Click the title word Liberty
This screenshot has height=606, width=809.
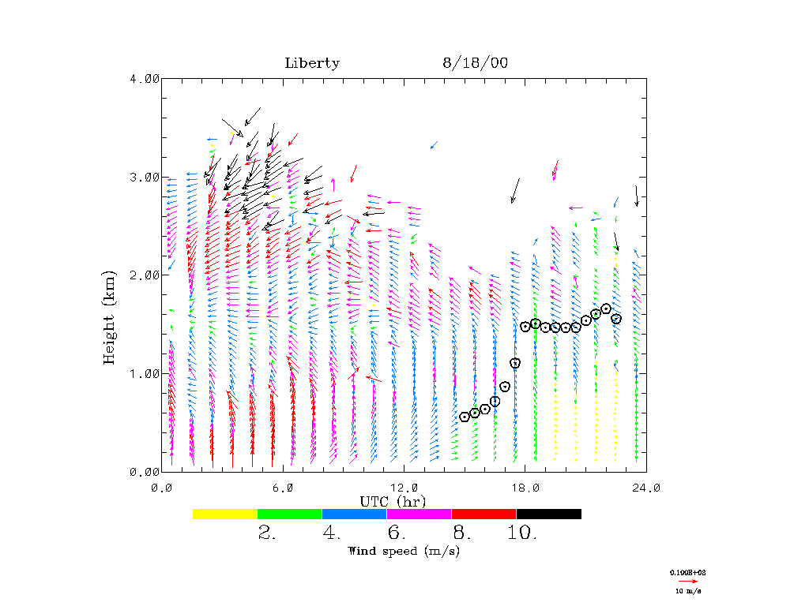pos(312,63)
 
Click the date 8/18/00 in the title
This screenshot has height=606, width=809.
pos(475,63)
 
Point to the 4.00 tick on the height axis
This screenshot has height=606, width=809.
pos(144,78)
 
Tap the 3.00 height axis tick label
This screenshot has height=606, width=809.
pos(144,177)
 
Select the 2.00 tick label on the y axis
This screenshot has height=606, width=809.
pos(144,275)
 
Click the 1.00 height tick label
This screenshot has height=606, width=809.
pos(144,373)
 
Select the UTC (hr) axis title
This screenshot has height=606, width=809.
pos(393,501)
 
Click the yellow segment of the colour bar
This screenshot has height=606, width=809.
pos(224,514)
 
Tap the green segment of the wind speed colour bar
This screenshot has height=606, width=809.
pos(289,514)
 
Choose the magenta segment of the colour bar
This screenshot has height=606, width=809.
pos(419,514)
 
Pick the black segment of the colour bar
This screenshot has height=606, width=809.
pos(548,514)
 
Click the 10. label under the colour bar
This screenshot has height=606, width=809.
pos(522,533)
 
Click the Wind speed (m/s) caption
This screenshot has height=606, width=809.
pos(404,551)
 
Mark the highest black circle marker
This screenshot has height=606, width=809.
pos(606,309)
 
